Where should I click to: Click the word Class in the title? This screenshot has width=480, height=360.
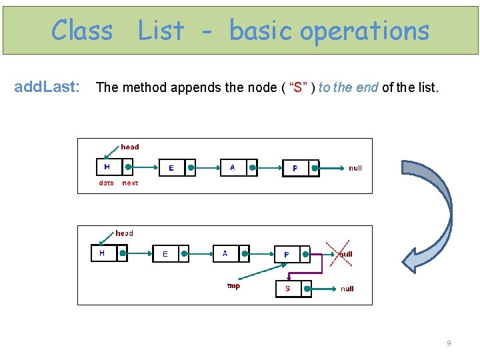pos(82,31)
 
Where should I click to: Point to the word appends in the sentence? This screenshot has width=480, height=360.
pos(196,87)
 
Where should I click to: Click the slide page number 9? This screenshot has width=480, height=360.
pos(449,343)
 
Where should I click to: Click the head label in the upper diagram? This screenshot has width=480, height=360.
pos(130,147)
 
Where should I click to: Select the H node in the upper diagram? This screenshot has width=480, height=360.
pos(107,167)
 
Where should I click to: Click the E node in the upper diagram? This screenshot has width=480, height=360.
pos(171,168)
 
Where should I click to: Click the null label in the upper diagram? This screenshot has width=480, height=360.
pos(355,168)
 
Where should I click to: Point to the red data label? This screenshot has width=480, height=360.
pos(106,183)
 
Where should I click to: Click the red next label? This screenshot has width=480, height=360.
pos(131,183)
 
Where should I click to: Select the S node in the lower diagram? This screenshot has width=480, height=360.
pos(288,289)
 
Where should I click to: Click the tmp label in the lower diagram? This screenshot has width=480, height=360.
pos(233,286)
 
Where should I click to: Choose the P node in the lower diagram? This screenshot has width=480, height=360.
pos(287,254)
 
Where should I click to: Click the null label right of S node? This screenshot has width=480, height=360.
pos(347,289)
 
